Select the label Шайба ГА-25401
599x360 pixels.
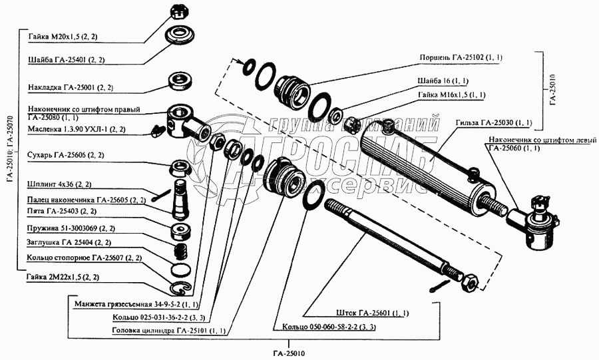click(x=67, y=60)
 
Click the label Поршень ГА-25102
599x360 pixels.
click(x=452, y=58)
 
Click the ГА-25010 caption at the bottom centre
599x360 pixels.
click(x=290, y=353)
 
